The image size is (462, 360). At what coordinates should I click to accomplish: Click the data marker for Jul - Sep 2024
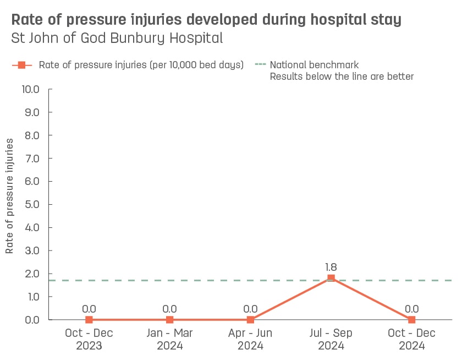pos(331,278)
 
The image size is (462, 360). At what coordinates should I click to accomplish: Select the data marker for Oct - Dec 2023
pos(89,319)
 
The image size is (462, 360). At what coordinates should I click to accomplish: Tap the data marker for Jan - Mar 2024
pos(169,319)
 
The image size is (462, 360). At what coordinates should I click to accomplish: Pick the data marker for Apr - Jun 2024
pos(250,319)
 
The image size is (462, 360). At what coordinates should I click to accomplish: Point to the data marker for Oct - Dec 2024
pos(411,319)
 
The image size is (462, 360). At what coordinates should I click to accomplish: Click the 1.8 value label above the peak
pos(331,267)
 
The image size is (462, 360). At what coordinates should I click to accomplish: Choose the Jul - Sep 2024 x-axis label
pos(331,340)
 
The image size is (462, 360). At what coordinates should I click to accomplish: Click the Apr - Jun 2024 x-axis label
pos(250,340)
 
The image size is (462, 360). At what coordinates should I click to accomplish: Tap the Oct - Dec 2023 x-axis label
pos(89,340)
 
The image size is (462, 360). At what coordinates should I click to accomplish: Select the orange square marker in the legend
pos(22,65)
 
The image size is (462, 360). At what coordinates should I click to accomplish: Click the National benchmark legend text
pos(314,65)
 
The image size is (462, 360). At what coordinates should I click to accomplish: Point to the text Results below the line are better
pos(341,77)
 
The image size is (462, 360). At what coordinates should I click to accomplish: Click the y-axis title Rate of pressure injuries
pos(10,196)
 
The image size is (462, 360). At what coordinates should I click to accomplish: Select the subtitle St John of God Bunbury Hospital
pos(117,39)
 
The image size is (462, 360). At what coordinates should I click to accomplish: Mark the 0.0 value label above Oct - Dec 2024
pos(411,309)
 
